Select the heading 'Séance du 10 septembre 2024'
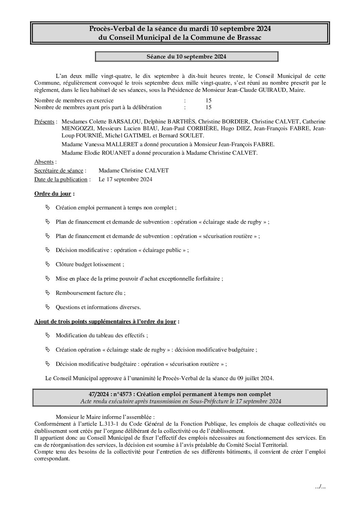click(186, 57)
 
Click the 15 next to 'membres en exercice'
click(208, 100)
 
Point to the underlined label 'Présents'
click(44, 121)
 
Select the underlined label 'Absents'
click(44, 162)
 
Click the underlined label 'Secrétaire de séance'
click(59, 170)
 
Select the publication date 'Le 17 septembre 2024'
click(125, 179)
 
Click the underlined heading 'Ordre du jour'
click(53, 194)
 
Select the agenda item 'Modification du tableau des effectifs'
click(102, 335)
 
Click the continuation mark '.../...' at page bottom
click(321, 487)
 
